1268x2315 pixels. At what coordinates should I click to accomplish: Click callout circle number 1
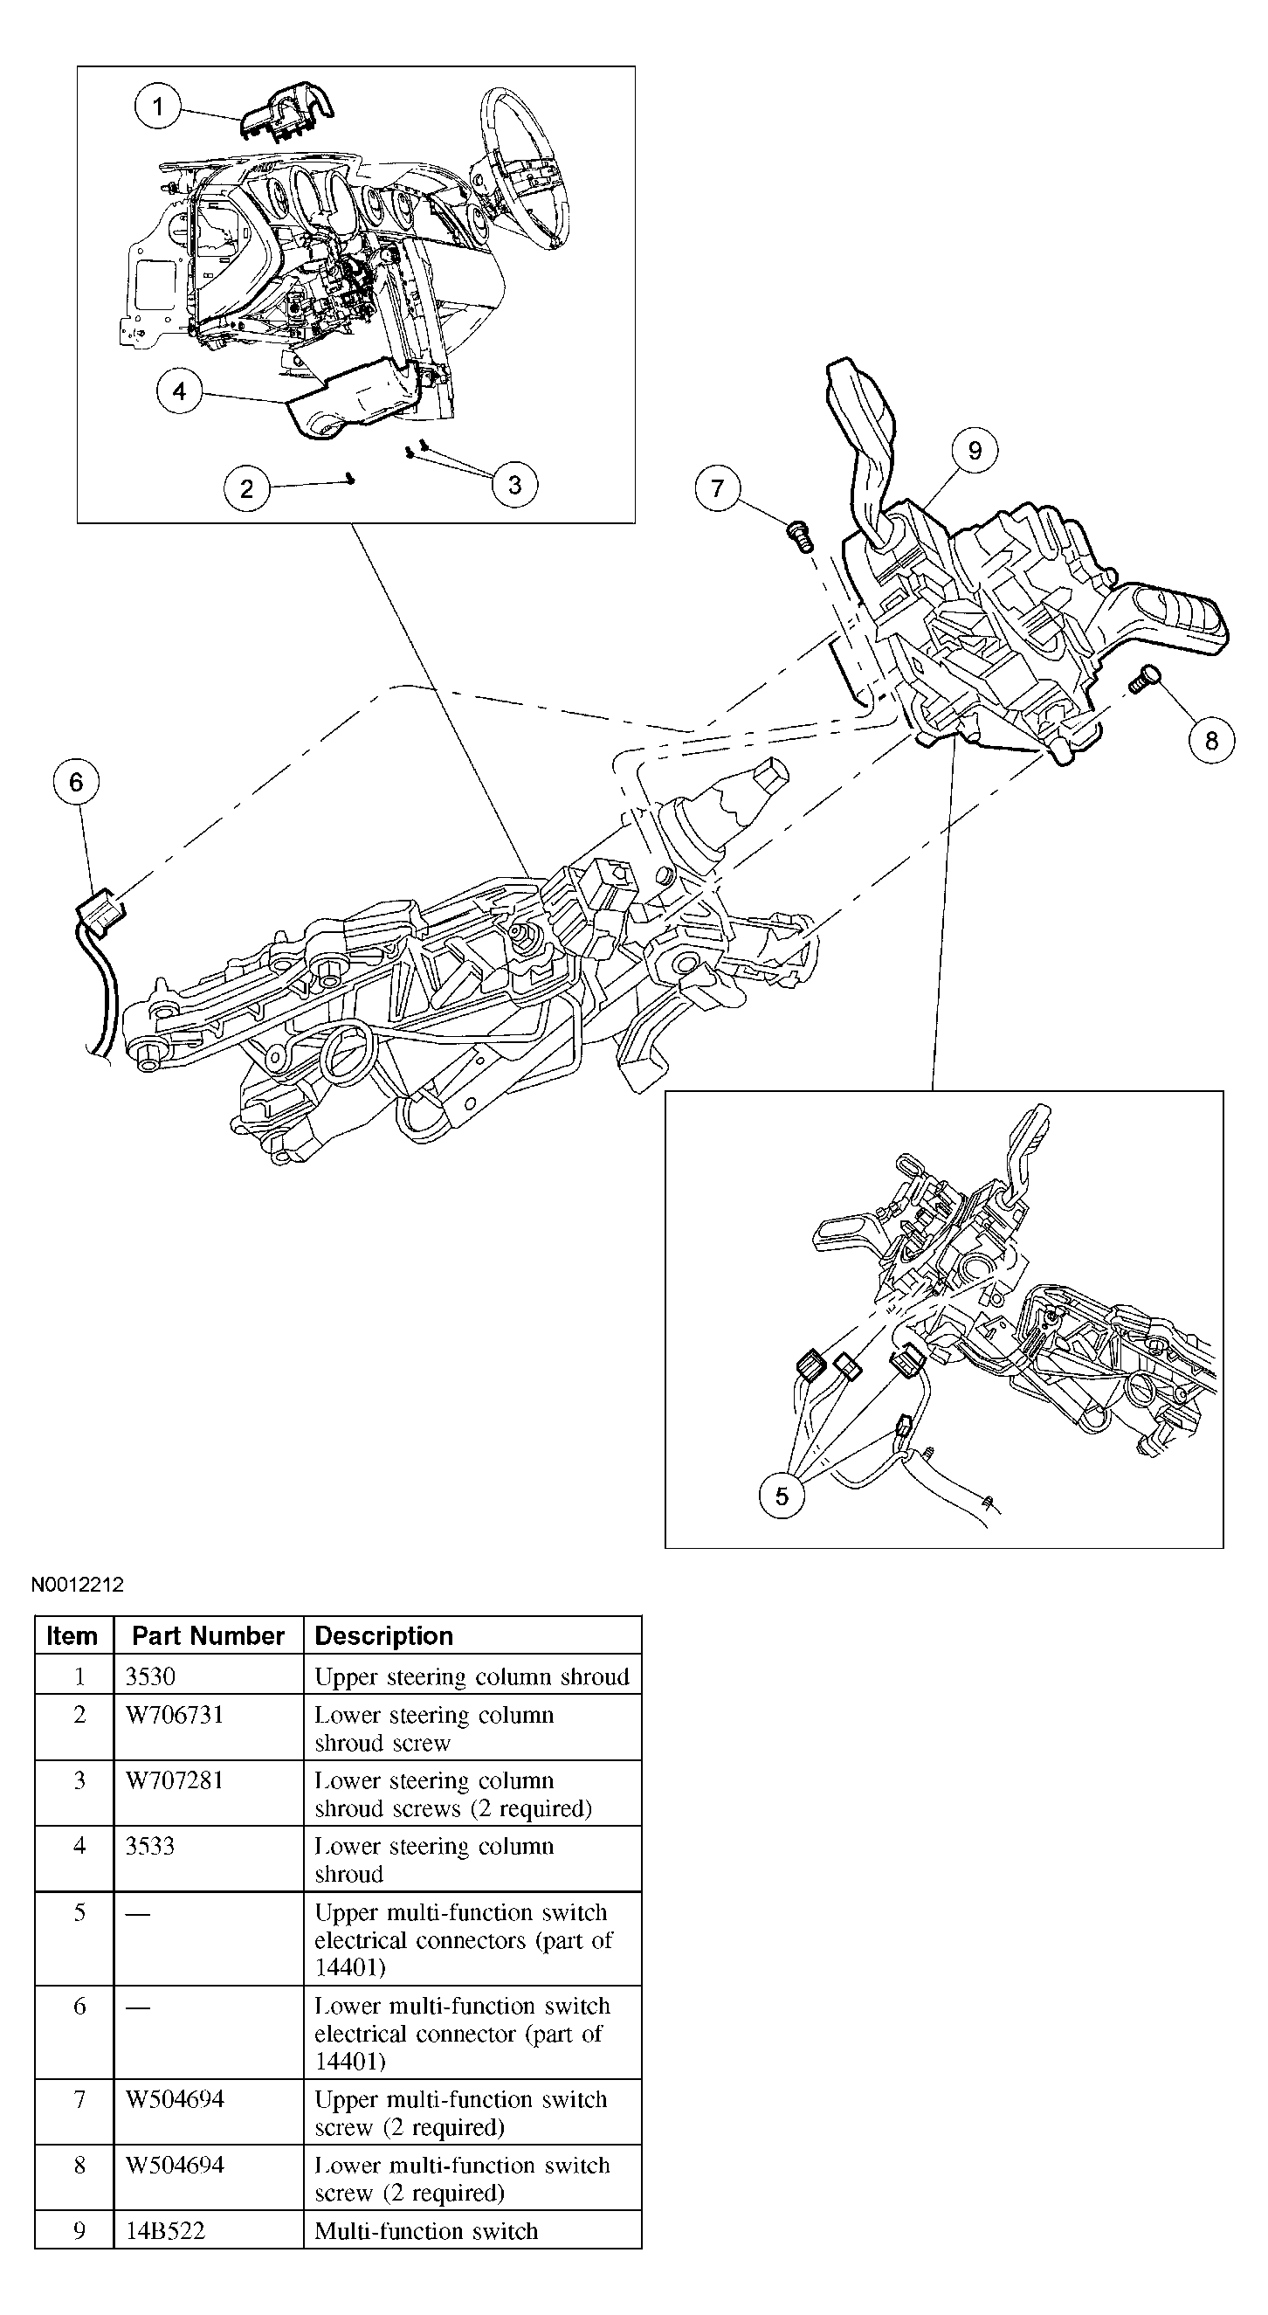157,107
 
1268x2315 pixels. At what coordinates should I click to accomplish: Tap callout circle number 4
179,390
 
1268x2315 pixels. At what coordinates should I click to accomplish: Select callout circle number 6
75,782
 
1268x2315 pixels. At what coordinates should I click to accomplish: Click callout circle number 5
782,1496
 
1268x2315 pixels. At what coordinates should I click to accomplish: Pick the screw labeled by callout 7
798,536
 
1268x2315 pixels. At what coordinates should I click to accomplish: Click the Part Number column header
208,1635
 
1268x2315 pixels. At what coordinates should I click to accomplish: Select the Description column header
383,1635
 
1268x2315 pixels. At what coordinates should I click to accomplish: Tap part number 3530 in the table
150,1676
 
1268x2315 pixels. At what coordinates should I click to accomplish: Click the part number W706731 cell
175,1715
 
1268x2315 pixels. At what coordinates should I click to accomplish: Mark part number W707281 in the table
175,1780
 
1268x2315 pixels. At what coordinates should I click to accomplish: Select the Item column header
72,1635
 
